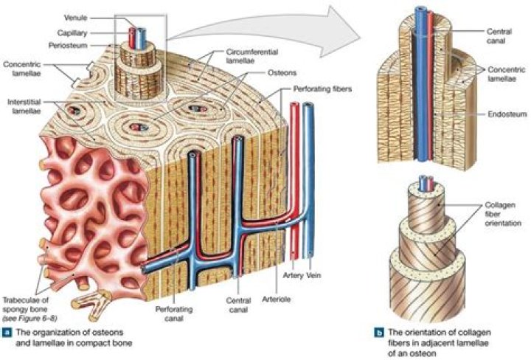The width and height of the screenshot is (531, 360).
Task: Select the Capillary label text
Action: tap(76, 33)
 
